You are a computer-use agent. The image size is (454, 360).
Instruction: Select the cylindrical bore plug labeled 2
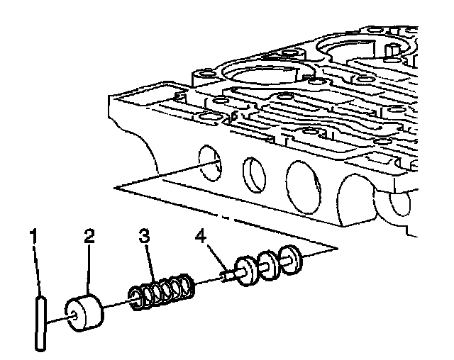click(x=83, y=311)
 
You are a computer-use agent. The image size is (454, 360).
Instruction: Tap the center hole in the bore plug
click(x=72, y=313)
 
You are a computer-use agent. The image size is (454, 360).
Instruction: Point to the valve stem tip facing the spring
click(x=223, y=277)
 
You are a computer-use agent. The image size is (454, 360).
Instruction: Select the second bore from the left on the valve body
click(x=253, y=172)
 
